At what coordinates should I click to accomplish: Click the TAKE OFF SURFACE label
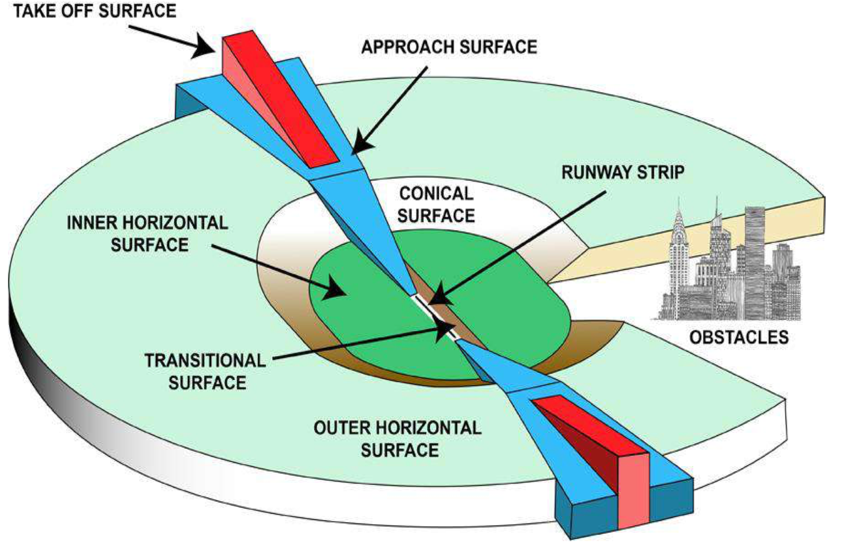(95, 11)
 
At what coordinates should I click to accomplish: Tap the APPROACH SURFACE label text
(449, 47)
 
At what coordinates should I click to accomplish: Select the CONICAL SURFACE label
(436, 205)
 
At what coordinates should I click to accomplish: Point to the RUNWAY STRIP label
(623, 172)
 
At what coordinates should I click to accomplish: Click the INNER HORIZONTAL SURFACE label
(147, 234)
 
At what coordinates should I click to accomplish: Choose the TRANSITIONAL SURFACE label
(206, 371)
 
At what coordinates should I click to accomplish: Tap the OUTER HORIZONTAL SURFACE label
(398, 439)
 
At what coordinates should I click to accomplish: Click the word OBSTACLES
(739, 337)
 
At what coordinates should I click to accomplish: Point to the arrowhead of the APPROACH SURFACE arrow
(361, 143)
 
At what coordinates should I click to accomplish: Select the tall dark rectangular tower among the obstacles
(755, 260)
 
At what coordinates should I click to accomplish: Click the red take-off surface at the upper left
(281, 100)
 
